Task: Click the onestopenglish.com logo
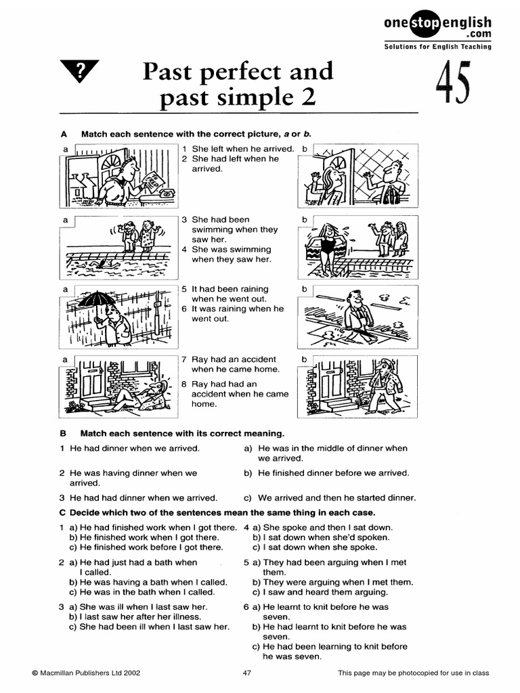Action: pos(437,27)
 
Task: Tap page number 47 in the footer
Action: pos(247,673)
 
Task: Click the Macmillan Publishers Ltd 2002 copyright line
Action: pos(86,673)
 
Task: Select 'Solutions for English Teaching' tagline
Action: pos(437,47)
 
